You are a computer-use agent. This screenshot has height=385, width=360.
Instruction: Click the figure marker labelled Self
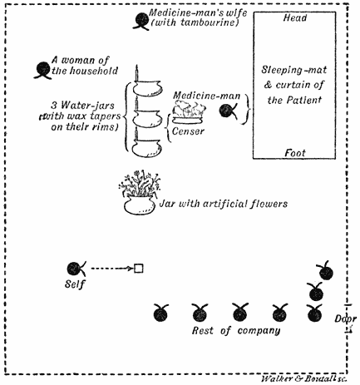(75, 269)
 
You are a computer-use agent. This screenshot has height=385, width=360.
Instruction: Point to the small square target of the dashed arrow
(139, 268)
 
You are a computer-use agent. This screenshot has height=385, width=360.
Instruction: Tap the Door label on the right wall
(342, 318)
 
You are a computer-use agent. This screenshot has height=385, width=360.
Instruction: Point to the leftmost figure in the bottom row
(160, 313)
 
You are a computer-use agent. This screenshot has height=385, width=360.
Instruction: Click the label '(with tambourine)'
(195, 22)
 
